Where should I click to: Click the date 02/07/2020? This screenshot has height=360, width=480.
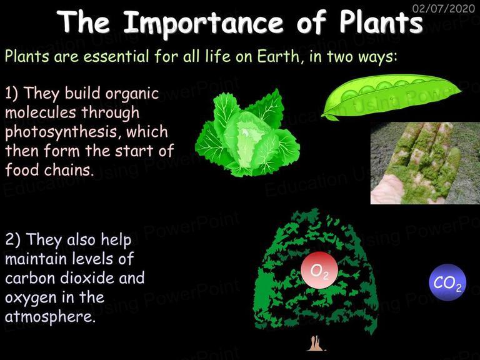point(444,8)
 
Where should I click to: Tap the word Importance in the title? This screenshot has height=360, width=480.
point(203,23)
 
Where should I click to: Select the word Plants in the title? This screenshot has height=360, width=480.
point(381,22)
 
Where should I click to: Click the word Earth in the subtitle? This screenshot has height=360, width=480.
point(278,56)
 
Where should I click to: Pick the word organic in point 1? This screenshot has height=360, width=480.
point(132,94)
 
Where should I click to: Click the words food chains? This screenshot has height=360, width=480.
point(49,169)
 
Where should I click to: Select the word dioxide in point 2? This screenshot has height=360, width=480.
point(87,277)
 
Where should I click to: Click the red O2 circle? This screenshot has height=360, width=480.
point(319,270)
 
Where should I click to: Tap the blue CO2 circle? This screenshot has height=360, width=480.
point(447,282)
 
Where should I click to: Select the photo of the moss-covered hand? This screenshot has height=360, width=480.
point(425,163)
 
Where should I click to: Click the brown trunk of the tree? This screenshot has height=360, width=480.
point(316,343)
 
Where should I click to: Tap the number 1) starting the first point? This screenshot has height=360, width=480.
point(12,92)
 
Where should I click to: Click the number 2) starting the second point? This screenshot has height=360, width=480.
point(13,239)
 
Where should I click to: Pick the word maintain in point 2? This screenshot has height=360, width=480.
point(36,259)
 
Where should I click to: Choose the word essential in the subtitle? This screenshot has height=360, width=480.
point(117,56)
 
